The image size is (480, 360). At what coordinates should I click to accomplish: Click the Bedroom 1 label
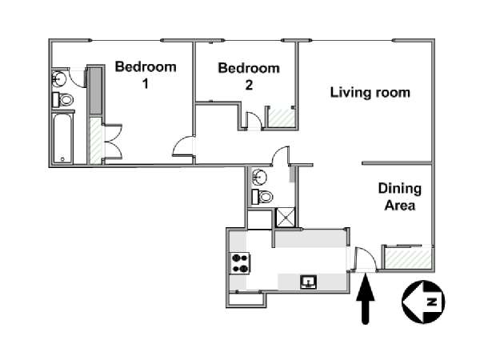(146, 75)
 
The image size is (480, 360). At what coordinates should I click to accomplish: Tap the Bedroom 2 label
(249, 76)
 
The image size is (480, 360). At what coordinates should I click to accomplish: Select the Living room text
(370, 93)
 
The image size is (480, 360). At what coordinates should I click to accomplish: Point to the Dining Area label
(400, 197)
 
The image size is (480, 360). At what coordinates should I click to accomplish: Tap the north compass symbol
(423, 302)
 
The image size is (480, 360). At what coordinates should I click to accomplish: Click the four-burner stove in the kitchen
(240, 263)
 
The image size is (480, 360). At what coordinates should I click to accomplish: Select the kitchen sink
(309, 282)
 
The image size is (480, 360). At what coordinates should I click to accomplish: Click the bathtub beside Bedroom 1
(62, 138)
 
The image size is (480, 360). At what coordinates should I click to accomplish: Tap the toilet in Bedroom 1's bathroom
(62, 99)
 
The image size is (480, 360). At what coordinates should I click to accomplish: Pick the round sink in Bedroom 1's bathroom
(58, 78)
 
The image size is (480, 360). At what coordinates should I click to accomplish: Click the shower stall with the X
(286, 218)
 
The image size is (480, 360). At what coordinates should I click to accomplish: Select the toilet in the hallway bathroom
(262, 197)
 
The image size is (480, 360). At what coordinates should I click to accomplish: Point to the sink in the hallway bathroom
(259, 178)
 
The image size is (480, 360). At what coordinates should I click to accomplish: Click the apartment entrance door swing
(366, 259)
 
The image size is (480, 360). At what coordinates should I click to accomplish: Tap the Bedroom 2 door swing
(254, 120)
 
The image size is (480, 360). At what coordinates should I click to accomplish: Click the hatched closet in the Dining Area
(408, 258)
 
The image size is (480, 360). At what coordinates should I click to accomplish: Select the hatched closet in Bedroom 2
(282, 118)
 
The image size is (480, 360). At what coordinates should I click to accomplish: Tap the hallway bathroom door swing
(280, 156)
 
